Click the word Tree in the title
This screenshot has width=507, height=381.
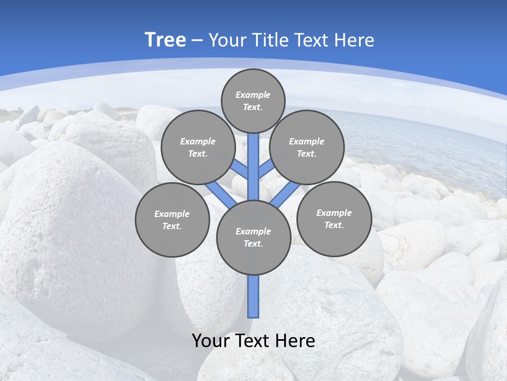pyautogui.click(x=165, y=40)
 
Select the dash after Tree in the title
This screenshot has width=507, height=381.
pyautogui.click(x=197, y=41)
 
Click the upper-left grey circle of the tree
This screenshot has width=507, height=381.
pyautogui.click(x=198, y=147)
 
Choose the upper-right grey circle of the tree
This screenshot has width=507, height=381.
pyautogui.click(x=307, y=147)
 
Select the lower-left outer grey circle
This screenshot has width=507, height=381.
pyautogui.click(x=172, y=220)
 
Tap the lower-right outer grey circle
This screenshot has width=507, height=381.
pyautogui.click(x=334, y=219)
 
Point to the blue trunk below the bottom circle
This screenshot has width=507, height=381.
pyautogui.click(x=253, y=296)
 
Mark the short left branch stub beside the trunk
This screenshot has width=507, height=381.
pyautogui.click(x=241, y=169)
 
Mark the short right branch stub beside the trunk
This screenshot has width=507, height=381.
pyautogui.click(x=265, y=170)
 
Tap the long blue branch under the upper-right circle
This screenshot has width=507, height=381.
pyautogui.click(x=285, y=194)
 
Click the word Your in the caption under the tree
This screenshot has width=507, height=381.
pyautogui.click(x=210, y=341)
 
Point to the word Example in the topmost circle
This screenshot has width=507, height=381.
pyautogui.click(x=253, y=95)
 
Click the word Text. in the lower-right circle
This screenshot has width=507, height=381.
pyautogui.click(x=334, y=225)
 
